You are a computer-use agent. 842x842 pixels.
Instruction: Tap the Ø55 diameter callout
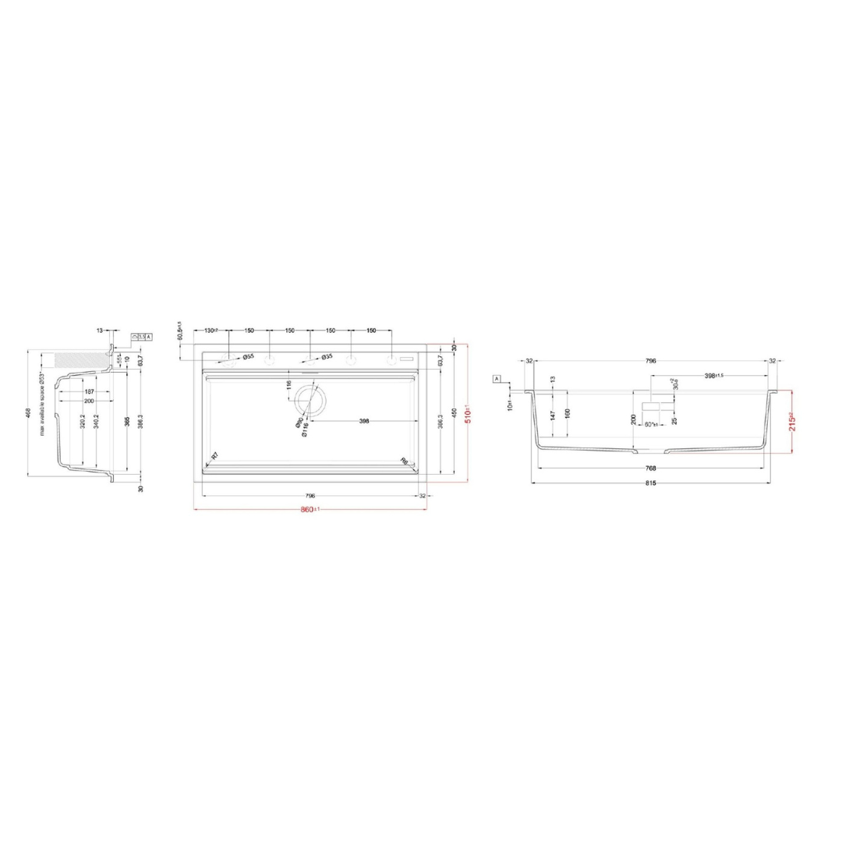248,356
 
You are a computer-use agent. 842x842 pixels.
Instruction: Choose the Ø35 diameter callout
327,356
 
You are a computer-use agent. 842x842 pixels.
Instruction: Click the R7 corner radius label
214,456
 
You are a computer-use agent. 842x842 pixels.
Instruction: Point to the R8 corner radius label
404,460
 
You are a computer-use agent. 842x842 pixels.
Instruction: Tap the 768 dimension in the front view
651,469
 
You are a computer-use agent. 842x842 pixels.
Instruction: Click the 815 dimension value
651,483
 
